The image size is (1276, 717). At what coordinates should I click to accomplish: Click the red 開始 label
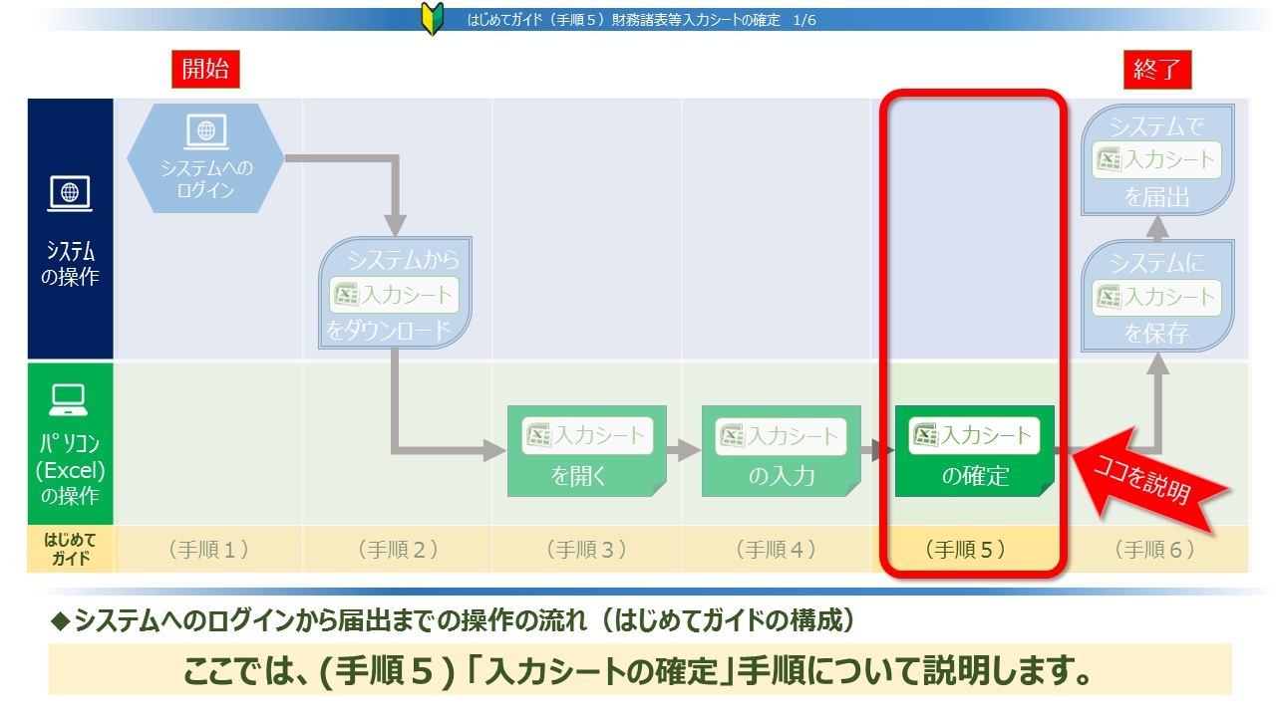(205, 69)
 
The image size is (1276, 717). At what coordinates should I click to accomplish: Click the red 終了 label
(1157, 70)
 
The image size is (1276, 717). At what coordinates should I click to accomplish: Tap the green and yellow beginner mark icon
(433, 19)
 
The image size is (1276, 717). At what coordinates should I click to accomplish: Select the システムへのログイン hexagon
(205, 158)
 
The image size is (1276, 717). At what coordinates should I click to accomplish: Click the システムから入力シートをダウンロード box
(395, 293)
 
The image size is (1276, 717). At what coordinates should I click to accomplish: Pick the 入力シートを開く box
(587, 451)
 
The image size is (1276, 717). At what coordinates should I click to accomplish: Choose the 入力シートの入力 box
(781, 451)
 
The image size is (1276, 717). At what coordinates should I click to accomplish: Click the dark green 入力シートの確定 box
(975, 451)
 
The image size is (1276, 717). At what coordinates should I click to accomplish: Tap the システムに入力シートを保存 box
(1157, 296)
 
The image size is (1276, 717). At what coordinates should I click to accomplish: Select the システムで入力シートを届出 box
(1157, 159)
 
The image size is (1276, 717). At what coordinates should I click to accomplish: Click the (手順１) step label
(208, 549)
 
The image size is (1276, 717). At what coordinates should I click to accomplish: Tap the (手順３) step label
(587, 549)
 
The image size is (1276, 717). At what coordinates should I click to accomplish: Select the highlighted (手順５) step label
(966, 549)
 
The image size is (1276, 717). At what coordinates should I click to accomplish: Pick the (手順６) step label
(1154, 549)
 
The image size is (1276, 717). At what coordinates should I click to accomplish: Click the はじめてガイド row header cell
(70, 549)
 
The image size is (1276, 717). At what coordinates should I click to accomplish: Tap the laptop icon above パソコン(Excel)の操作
(69, 400)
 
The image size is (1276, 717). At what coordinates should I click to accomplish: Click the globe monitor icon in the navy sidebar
(70, 193)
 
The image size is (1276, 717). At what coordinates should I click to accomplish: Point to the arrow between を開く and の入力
(684, 450)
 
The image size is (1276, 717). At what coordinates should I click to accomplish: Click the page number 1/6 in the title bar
(804, 21)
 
